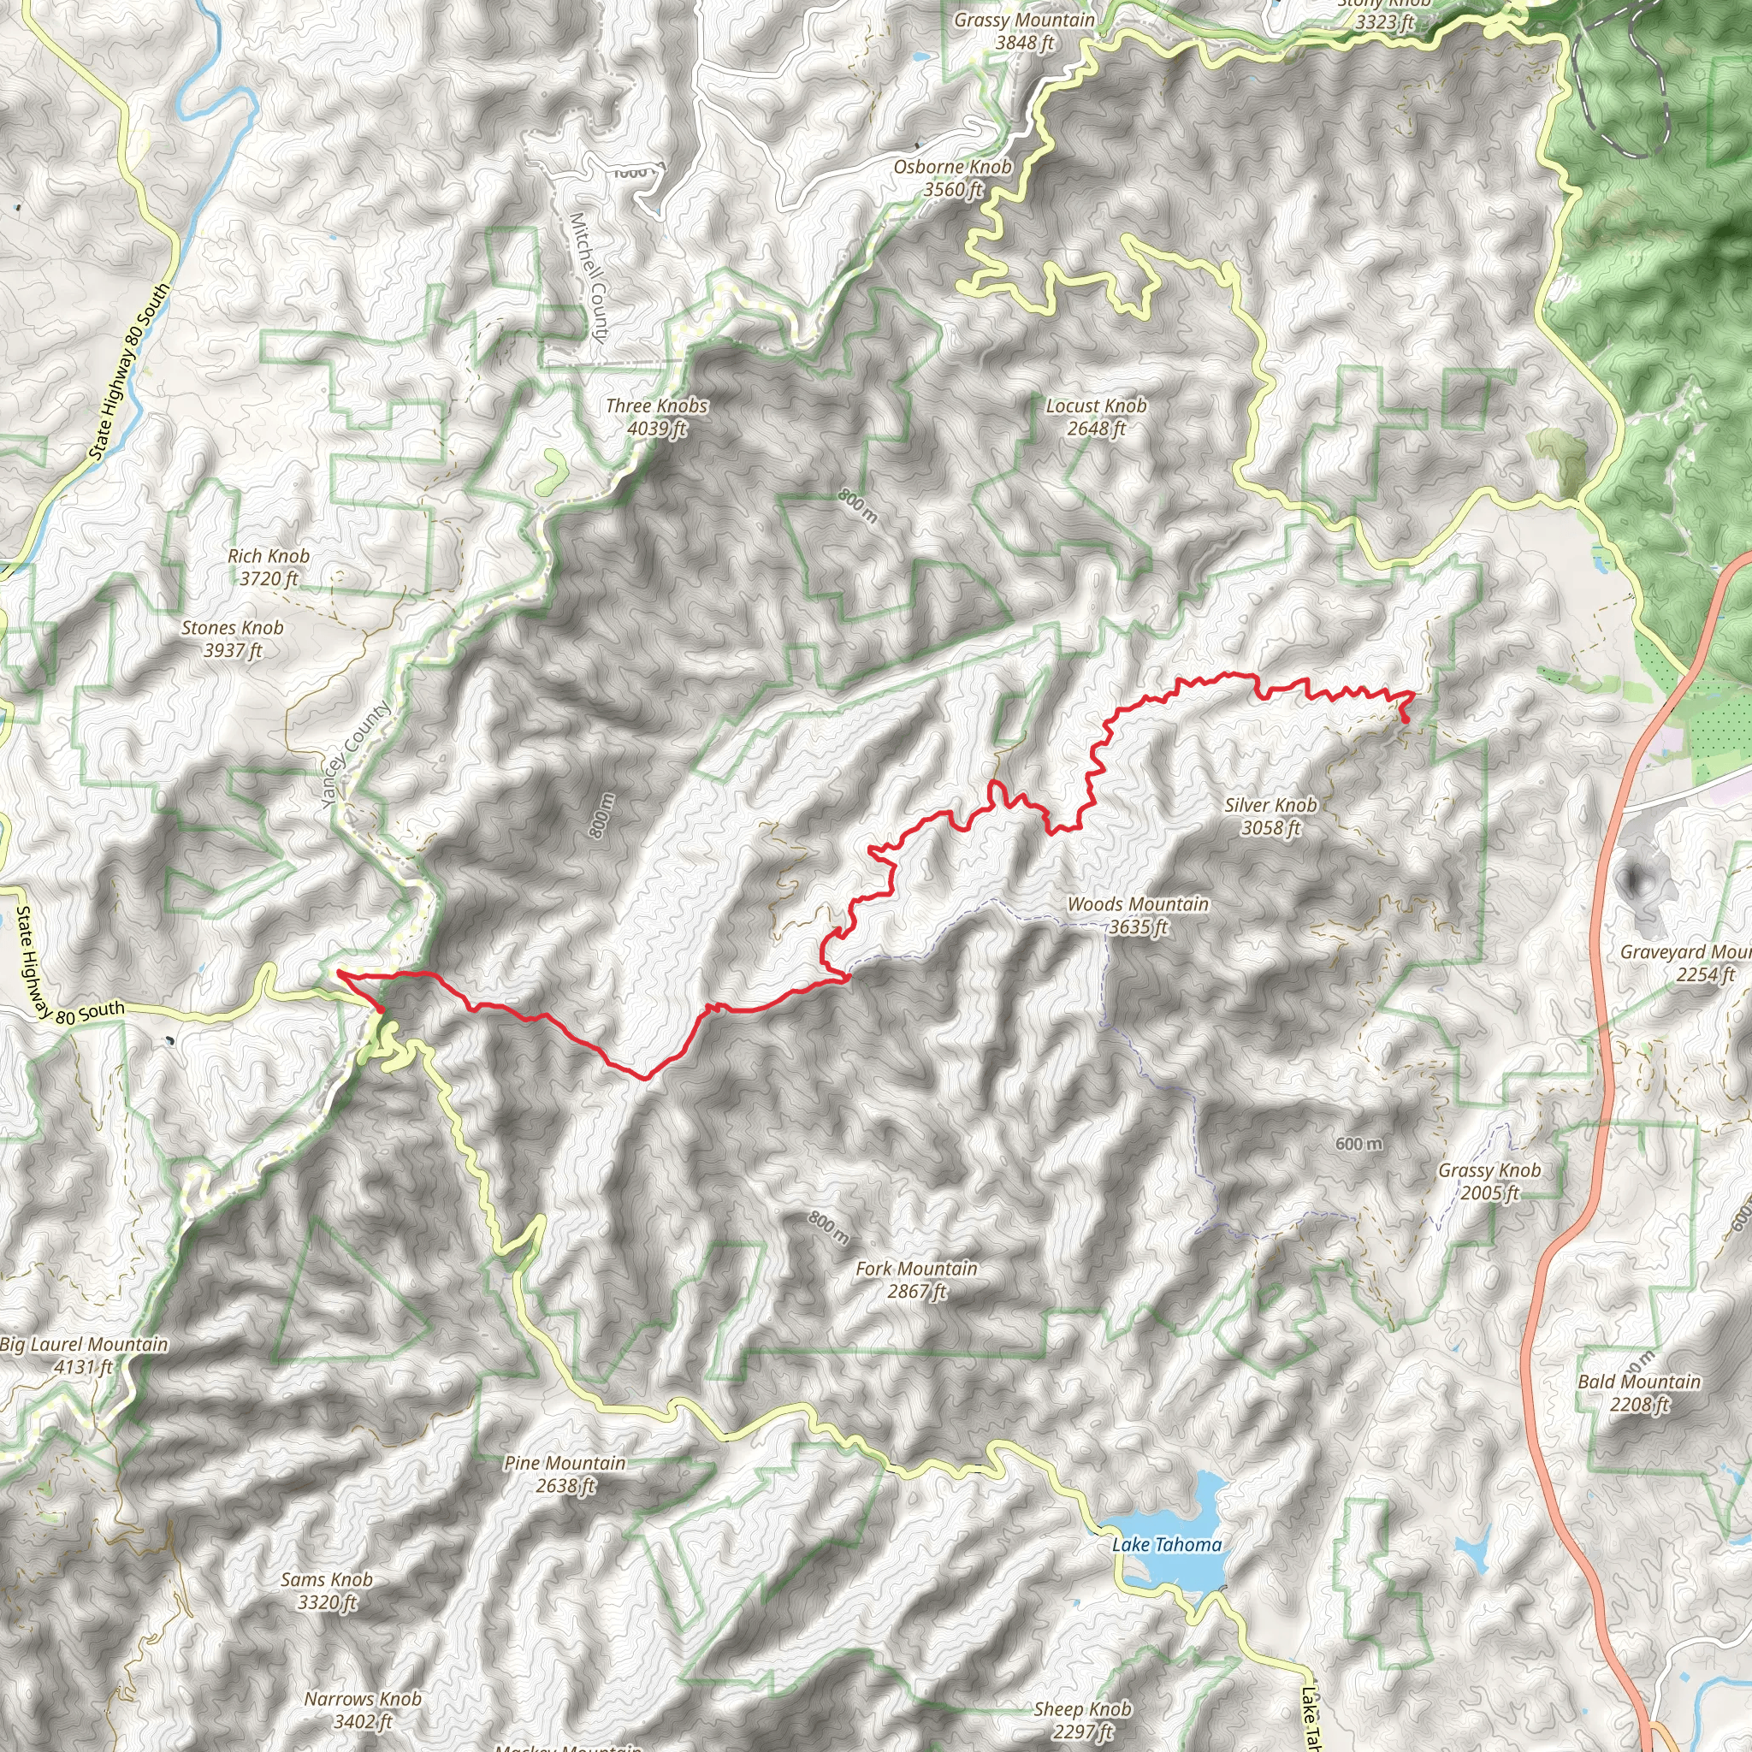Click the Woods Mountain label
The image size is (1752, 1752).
pyautogui.click(x=1137, y=915)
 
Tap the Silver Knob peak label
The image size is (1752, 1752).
pyautogui.click(x=1270, y=816)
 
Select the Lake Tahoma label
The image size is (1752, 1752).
pyautogui.click(x=1166, y=1544)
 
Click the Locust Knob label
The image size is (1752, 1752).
pyautogui.click(x=1096, y=417)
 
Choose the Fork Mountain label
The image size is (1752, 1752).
pyautogui.click(x=916, y=1280)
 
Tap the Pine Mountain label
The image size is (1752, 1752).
pyautogui.click(x=565, y=1474)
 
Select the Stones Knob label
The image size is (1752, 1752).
pyautogui.click(x=232, y=638)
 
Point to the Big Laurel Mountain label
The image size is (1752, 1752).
pyautogui.click(x=85, y=1355)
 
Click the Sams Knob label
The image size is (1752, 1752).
pyautogui.click(x=327, y=1590)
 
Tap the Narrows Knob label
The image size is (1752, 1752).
pyautogui.click(x=363, y=1709)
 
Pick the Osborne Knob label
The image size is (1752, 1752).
pyautogui.click(x=952, y=178)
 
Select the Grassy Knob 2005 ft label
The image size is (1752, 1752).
pyautogui.click(x=1489, y=1181)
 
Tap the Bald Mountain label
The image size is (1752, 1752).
pyautogui.click(x=1640, y=1393)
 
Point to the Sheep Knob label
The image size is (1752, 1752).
pyautogui.click(x=1083, y=1720)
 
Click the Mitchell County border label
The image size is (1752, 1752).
pyautogui.click(x=588, y=277)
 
